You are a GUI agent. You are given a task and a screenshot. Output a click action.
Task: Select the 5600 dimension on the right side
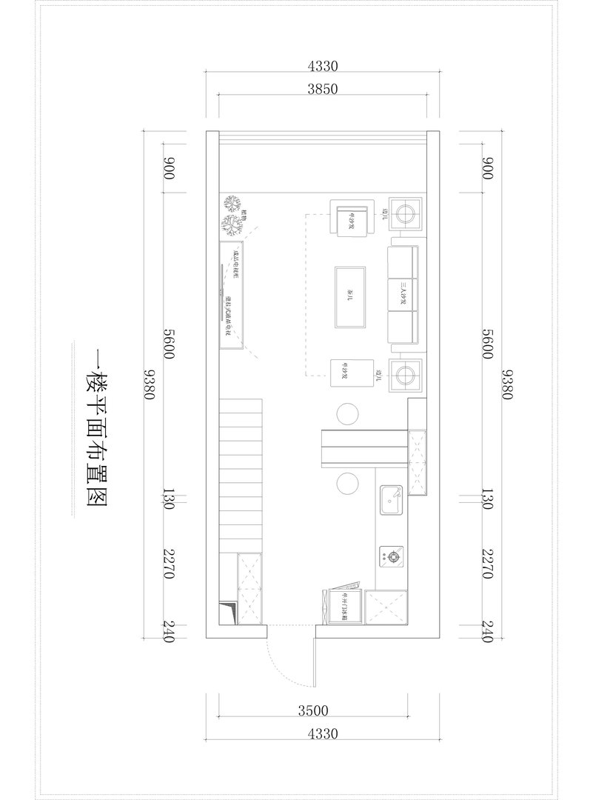coord(486,344)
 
